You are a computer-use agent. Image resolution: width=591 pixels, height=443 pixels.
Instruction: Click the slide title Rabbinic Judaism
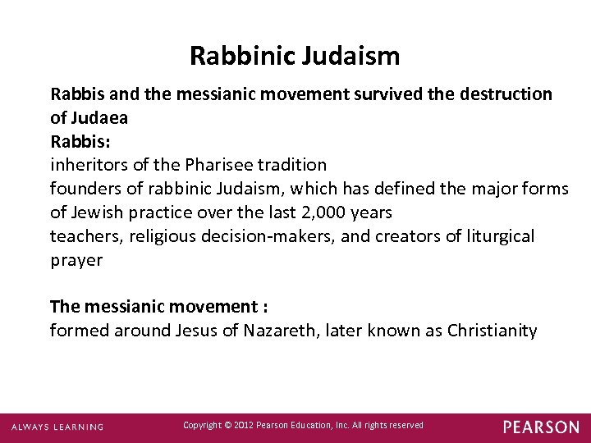tap(295, 56)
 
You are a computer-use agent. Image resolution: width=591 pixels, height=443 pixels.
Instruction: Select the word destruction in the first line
tap(503, 94)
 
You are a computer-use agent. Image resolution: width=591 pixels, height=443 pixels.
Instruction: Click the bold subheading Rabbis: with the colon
tap(78, 141)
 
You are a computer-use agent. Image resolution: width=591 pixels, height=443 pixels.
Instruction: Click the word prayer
tap(76, 261)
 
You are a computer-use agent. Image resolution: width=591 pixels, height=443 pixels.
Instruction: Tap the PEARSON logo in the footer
tap(541, 427)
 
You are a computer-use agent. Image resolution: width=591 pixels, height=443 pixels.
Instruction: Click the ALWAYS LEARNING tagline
tap(57, 427)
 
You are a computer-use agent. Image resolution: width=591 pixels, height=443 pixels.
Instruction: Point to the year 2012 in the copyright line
tap(242, 425)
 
